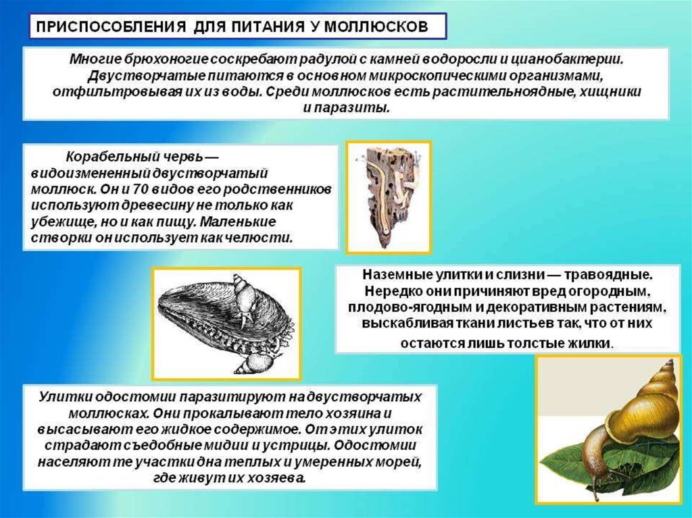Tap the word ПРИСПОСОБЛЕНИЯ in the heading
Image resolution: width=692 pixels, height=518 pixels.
(110, 27)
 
